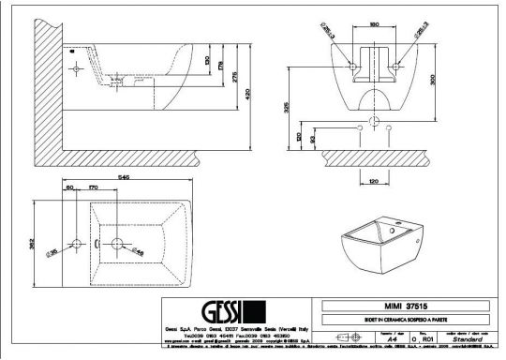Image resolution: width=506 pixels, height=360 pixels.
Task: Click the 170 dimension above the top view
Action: [x=93, y=188]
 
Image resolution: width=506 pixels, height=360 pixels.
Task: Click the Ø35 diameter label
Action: [x=53, y=252]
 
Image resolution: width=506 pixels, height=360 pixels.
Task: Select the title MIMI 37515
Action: [x=406, y=305]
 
